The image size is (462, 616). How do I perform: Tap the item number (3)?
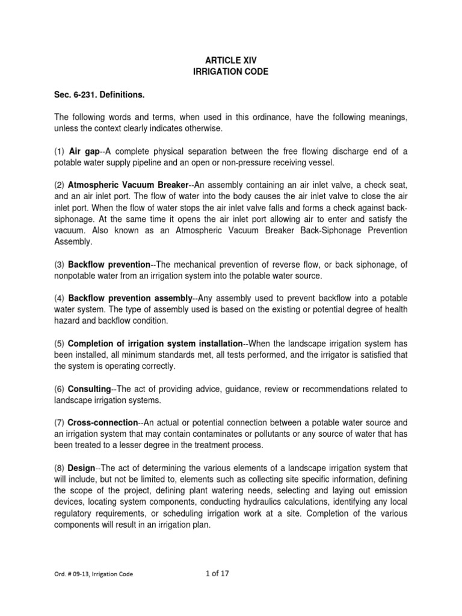pyautogui.click(x=59, y=265)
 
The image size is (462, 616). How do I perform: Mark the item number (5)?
pyautogui.click(x=59, y=343)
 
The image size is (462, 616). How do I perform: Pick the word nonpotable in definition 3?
pyautogui.click(x=75, y=276)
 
